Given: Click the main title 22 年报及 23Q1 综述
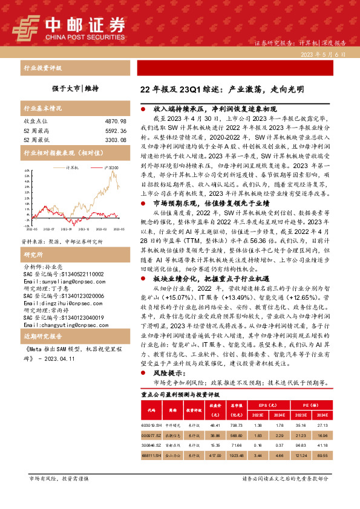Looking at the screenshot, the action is pos(221,90).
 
